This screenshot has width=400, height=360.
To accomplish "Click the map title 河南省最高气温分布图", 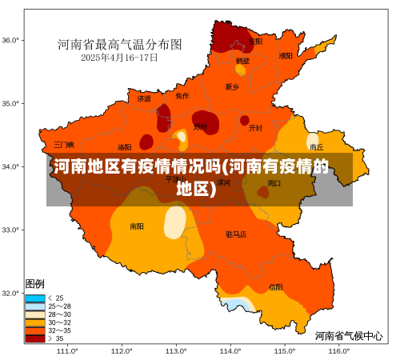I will (119, 44).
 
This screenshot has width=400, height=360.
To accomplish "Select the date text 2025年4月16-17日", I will (119, 58).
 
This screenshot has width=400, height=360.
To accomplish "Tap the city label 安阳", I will (255, 41).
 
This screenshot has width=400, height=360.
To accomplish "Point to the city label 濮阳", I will (286, 56).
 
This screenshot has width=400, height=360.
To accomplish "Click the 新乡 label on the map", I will (232, 86).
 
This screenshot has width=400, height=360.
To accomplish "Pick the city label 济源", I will (144, 99).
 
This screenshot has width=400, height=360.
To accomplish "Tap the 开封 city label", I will (255, 127).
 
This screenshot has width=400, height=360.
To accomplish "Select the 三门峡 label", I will (64, 145).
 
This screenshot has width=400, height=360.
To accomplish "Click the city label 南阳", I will (137, 226).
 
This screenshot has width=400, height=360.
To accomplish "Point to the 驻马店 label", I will (236, 234).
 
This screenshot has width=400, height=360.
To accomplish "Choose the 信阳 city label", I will (275, 286).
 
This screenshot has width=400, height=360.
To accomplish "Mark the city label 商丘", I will (317, 147).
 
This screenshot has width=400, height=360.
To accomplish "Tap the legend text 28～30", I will (60, 314).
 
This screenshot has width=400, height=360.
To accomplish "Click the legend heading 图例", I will (34, 284).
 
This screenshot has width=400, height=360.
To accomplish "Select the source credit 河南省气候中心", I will (348, 335).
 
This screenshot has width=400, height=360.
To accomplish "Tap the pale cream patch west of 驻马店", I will (174, 222).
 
